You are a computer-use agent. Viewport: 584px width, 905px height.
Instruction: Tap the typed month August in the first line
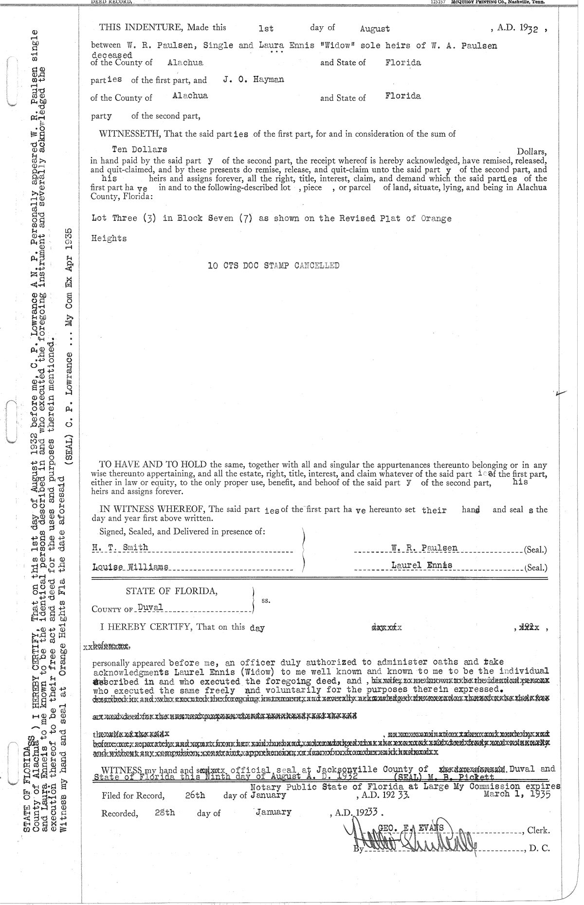[375, 29]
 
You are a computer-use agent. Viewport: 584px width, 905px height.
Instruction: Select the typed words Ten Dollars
[139, 149]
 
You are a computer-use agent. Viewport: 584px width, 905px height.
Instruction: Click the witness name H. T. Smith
[120, 547]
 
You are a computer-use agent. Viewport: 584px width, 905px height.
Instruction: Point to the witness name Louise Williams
[130, 567]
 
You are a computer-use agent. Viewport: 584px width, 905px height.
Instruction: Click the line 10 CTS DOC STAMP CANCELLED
[273, 266]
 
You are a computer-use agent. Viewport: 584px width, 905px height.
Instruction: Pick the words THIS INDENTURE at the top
[130, 28]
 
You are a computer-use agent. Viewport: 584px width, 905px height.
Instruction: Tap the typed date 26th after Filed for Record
[195, 796]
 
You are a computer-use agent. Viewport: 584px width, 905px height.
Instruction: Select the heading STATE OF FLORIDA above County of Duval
[172, 591]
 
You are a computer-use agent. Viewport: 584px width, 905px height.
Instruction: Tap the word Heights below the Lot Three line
[109, 238]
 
